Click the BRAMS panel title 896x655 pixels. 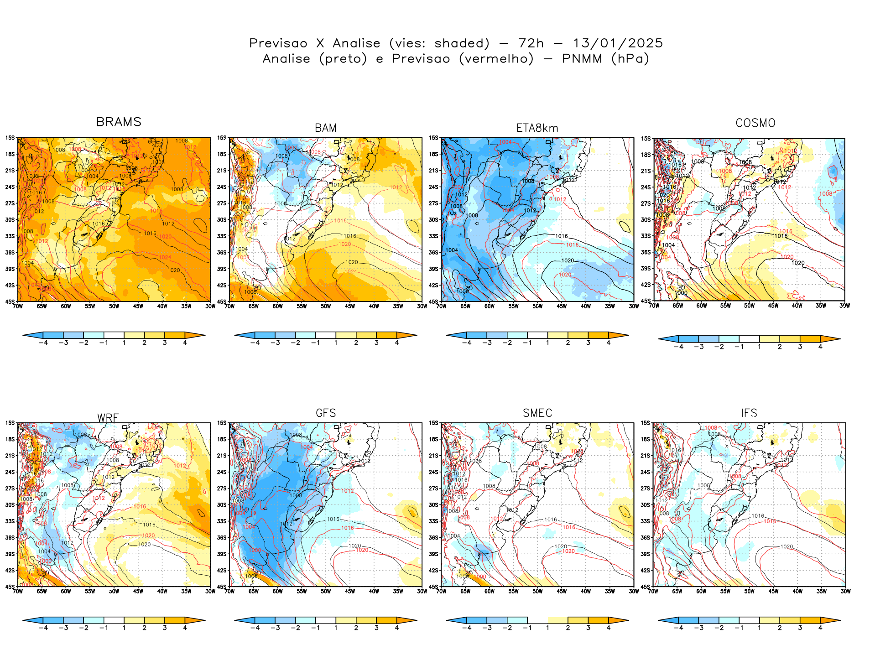pos(119,122)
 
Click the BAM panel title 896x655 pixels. pos(326,128)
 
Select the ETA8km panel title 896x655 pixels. pos(537,128)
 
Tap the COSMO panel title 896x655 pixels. pos(755,123)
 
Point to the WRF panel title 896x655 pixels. pos(108,418)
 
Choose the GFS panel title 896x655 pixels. pos(326,413)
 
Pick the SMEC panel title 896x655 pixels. pos(537,413)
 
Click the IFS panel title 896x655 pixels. pos(749,413)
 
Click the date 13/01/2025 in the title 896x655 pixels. pos(618,43)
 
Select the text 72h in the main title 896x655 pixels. pos(531,43)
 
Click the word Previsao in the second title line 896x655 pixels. pos(421,59)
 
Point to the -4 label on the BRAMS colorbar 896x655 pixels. pos(43,343)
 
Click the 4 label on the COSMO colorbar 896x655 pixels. pos(820,347)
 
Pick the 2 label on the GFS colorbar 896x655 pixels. pos(356,628)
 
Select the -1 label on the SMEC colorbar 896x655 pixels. pos(527,628)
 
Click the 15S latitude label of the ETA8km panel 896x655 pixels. pos(433,138)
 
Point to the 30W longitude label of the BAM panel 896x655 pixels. pos(422,306)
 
